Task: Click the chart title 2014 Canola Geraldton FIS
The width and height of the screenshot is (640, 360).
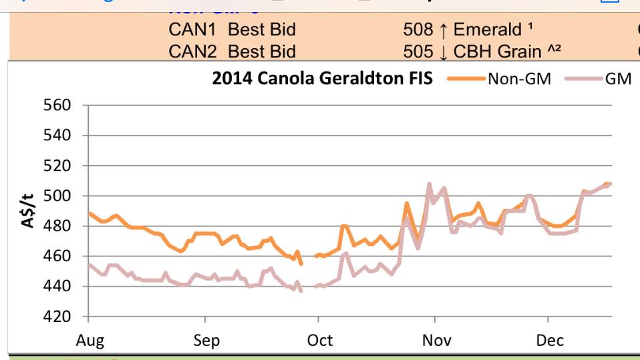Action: pyautogui.click(x=322, y=78)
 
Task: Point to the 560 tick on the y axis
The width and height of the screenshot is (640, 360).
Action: pyautogui.click(x=57, y=106)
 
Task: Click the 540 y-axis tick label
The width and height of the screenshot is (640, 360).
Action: pyautogui.click(x=57, y=136)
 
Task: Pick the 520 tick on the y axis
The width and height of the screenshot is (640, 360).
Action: pyautogui.click(x=57, y=166)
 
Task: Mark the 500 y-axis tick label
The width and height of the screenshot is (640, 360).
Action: pyautogui.click(x=57, y=196)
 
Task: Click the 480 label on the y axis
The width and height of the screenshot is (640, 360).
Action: pyautogui.click(x=57, y=226)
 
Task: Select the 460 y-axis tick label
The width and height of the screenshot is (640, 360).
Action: pyautogui.click(x=57, y=256)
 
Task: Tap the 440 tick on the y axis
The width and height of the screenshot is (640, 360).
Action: pyautogui.click(x=57, y=287)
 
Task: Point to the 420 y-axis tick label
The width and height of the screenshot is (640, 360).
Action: pyautogui.click(x=57, y=317)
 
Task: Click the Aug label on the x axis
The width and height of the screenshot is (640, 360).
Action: pyautogui.click(x=90, y=341)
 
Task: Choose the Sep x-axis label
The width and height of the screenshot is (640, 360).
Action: pyautogui.click(x=206, y=341)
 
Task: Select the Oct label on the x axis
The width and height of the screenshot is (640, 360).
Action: pyautogui.click(x=320, y=341)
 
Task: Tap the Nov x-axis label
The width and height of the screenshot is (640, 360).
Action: pyautogui.click(x=436, y=341)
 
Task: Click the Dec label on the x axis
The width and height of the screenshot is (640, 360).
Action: pyautogui.click(x=550, y=341)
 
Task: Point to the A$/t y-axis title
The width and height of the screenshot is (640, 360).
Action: pyautogui.click(x=28, y=210)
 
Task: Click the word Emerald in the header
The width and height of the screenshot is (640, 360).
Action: pyautogui.click(x=487, y=29)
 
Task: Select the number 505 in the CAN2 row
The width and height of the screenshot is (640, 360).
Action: pyautogui.click(x=418, y=51)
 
